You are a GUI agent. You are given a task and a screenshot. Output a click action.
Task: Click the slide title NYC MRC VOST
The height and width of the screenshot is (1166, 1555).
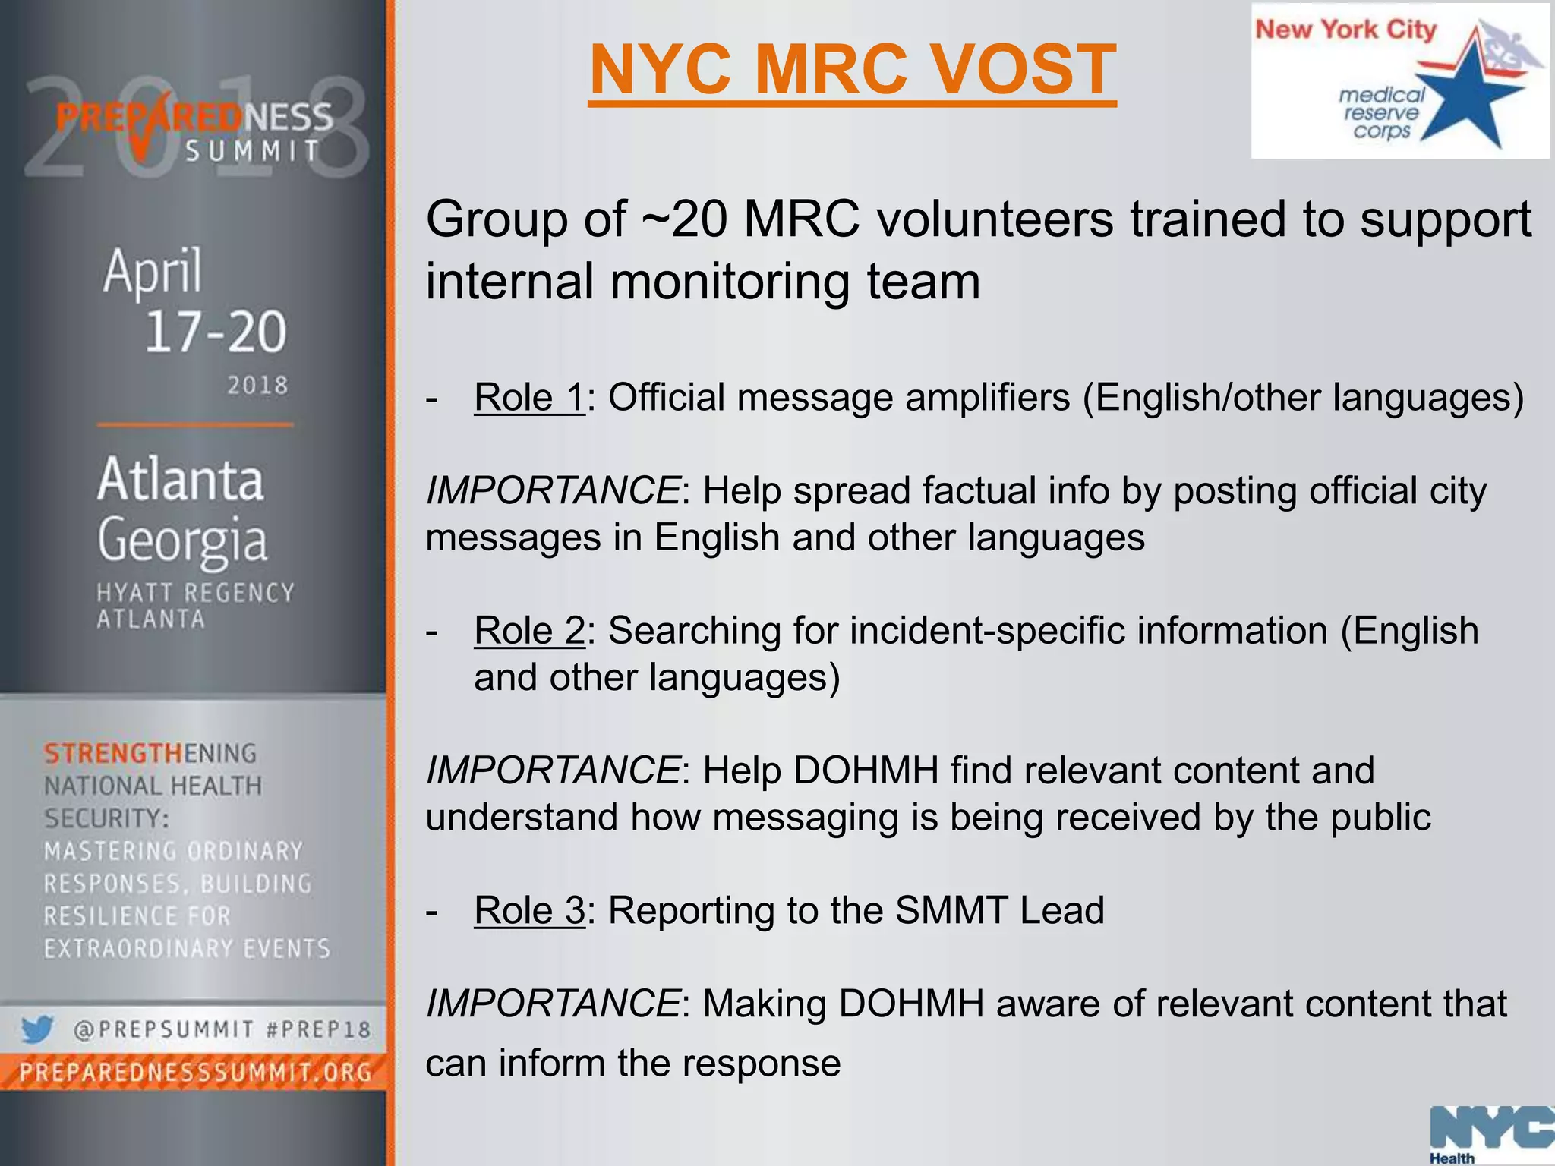click(x=852, y=70)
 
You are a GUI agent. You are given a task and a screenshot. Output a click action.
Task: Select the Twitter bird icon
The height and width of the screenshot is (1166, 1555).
click(x=36, y=1030)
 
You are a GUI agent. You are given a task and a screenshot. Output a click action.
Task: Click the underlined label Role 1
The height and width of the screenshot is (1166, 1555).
click(x=529, y=397)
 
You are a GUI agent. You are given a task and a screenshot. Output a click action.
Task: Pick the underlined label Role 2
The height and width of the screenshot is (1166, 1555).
click(x=529, y=630)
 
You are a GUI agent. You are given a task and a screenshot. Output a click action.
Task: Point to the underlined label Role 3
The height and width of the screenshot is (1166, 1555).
click(x=529, y=910)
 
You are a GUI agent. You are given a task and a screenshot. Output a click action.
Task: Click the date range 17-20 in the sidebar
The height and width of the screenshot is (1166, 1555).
click(x=216, y=332)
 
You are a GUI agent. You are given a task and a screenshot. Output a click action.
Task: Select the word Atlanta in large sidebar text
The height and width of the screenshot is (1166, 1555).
click(x=181, y=480)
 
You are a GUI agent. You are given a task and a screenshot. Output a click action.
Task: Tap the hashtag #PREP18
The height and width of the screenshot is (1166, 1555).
click(x=319, y=1030)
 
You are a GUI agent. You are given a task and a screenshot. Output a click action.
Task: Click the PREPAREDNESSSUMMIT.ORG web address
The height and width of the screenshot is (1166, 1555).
click(x=195, y=1073)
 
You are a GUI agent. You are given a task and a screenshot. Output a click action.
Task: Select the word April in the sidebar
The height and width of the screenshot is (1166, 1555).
click(x=153, y=271)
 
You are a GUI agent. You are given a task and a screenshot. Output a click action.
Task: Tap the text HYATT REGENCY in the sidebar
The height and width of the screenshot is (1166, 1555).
click(x=195, y=593)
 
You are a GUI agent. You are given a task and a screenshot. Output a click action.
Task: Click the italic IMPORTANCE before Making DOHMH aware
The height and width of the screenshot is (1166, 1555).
click(x=553, y=1004)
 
